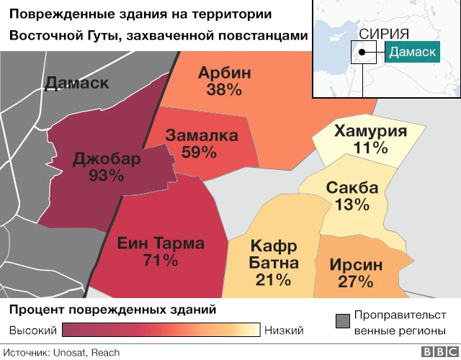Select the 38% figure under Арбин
(224, 90)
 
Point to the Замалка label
(200, 135)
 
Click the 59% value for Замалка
(200, 152)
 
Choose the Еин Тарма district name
(161, 243)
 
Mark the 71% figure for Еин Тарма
(161, 261)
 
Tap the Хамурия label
(370, 131)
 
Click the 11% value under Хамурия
(370, 148)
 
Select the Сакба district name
(352, 188)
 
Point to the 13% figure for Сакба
(352, 205)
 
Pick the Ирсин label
(357, 264)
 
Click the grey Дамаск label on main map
(76, 83)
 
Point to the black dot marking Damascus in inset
(365, 51)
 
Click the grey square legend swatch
(343, 318)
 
